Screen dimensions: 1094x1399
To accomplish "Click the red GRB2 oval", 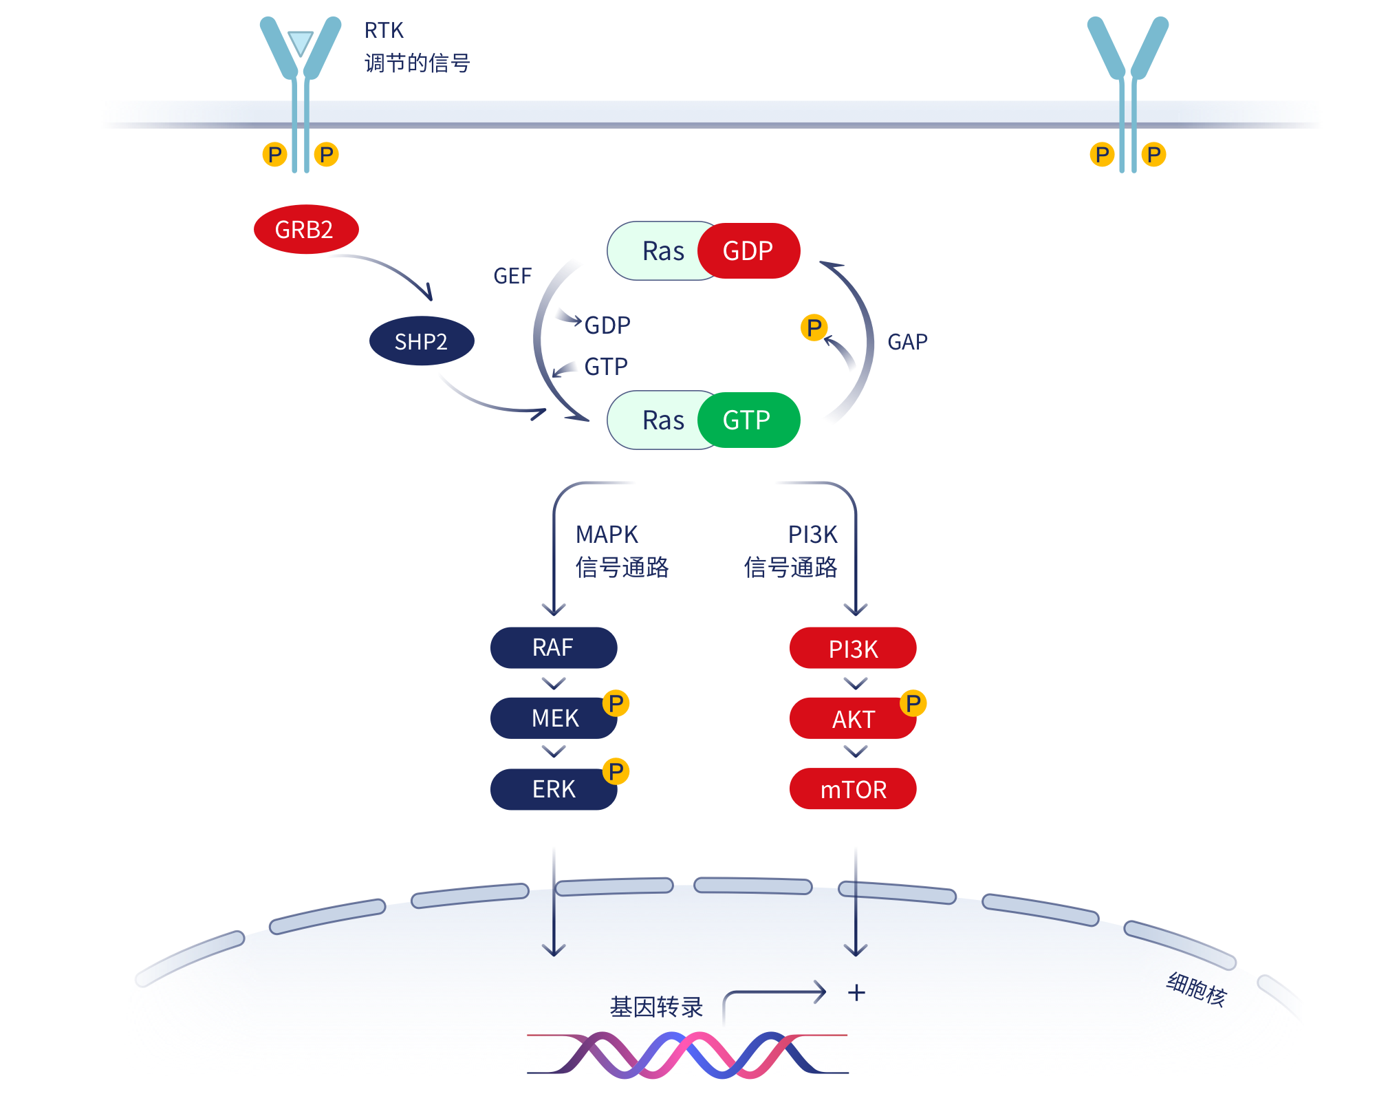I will (x=305, y=229).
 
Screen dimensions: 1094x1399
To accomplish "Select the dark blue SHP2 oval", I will (x=421, y=341).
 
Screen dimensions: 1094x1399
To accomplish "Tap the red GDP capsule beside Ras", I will (x=749, y=250).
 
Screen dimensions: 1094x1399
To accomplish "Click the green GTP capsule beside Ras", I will (x=748, y=420).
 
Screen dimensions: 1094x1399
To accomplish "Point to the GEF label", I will (x=512, y=276).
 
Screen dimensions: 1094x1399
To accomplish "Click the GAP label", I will (x=907, y=341).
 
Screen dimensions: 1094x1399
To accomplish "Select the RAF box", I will (x=553, y=647).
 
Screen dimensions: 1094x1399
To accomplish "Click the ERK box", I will (x=553, y=789).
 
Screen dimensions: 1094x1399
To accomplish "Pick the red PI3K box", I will (x=853, y=648).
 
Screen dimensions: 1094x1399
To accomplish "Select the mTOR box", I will (x=853, y=789).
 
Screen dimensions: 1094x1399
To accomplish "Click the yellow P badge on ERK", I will (x=616, y=771).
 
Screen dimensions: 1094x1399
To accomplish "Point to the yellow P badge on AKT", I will (x=913, y=703).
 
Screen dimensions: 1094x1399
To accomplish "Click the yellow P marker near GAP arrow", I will (x=814, y=328).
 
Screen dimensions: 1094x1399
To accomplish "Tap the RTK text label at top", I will (x=384, y=30).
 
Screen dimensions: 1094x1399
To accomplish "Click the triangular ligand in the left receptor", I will (x=301, y=43).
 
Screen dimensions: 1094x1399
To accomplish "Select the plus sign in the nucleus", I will (x=856, y=993).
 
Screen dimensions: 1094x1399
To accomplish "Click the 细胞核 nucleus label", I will (x=1196, y=989).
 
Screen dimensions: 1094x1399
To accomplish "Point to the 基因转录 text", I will (x=656, y=1007).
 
